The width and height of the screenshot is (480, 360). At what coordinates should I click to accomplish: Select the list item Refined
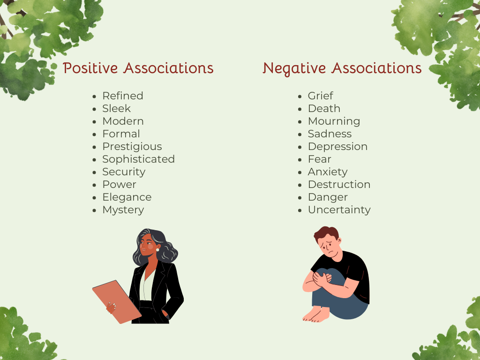[123, 96]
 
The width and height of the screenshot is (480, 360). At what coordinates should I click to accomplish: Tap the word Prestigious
[132, 146]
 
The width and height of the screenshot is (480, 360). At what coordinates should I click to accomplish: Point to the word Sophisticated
[138, 159]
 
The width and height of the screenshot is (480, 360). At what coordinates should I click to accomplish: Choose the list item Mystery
[123, 210]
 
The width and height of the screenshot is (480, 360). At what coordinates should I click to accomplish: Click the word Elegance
[127, 197]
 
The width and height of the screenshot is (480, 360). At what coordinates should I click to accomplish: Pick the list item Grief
[321, 96]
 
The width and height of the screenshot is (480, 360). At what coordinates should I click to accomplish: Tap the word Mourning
[334, 121]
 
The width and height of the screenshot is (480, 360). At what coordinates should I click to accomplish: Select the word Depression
[337, 146]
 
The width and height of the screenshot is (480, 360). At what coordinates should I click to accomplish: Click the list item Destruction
[339, 184]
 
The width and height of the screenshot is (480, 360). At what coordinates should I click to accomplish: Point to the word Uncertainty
[339, 210]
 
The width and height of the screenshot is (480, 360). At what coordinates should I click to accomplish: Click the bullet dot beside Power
[95, 185]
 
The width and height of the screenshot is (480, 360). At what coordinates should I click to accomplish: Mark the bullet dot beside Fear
[300, 159]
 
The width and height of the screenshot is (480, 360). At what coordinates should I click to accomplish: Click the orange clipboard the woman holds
[115, 300]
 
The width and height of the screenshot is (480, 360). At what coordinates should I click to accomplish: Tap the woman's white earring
[158, 250]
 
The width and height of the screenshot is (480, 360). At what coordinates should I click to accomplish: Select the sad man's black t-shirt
[354, 272]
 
